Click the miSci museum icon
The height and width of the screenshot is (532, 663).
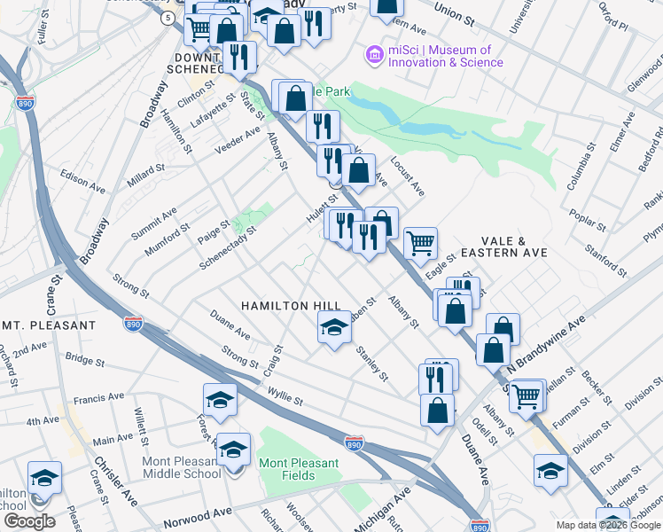[375, 56]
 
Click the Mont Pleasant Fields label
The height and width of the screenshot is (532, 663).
[299, 469]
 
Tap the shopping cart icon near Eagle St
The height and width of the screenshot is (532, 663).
[420, 242]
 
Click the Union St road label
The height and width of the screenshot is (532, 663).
[462, 13]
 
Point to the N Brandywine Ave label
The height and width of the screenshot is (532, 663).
[547, 344]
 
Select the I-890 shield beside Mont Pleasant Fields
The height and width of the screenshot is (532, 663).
[353, 442]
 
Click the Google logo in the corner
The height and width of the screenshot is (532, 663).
[29, 521]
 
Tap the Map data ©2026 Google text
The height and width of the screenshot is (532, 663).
[608, 525]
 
